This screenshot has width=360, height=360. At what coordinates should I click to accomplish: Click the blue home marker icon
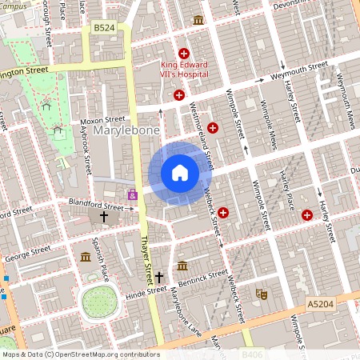pyautogui.click(x=179, y=173)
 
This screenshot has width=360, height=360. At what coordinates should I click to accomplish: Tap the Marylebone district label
pyautogui.click(x=126, y=130)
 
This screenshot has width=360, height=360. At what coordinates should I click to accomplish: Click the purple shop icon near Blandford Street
pyautogui.click(x=132, y=194)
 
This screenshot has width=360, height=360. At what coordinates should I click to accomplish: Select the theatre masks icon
pyautogui.click(x=260, y=294)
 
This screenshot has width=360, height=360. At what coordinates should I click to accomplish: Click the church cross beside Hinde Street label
pyautogui.click(x=159, y=277)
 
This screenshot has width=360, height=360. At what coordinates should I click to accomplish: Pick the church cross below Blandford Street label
pyautogui.click(x=103, y=217)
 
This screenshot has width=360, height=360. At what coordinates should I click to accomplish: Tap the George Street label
pyautogui.click(x=28, y=254)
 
